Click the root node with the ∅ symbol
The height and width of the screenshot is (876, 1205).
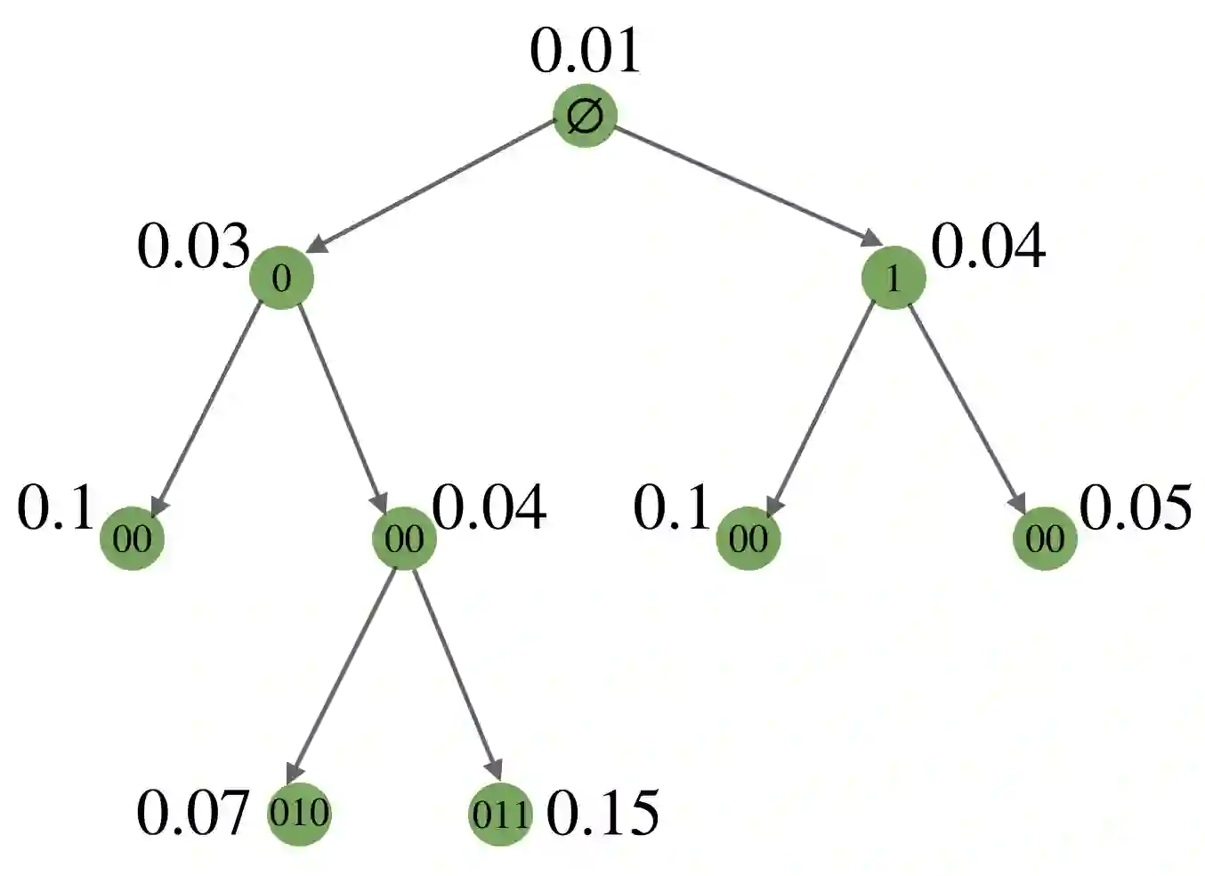[585, 116]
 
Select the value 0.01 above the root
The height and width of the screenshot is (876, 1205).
[585, 51]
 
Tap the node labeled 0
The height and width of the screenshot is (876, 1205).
[281, 278]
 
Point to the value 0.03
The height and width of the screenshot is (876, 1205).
[193, 247]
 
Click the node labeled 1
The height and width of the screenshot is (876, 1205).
[894, 278]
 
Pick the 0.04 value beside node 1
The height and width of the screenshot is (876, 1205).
[988, 247]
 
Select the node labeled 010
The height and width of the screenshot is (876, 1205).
[299, 812]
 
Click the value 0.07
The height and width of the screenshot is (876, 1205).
[192, 812]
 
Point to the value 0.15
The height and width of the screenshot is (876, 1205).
[602, 812]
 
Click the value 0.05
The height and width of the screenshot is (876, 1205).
[1135, 509]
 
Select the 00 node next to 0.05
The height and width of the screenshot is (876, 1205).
[1045, 538]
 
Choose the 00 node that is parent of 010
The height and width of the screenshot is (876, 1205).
[404, 538]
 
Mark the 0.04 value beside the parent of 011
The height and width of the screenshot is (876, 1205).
[489, 509]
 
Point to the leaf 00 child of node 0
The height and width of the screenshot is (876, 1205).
[133, 538]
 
